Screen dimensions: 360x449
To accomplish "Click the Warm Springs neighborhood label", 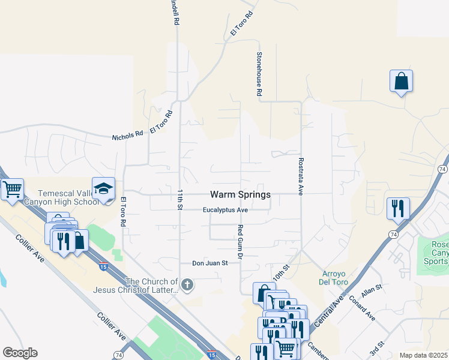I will tap(240, 194).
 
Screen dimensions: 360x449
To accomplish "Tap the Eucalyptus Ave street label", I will tap(225, 210).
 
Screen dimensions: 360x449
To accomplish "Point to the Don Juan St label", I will tap(210, 263).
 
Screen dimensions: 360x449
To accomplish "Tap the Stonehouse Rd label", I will tap(259, 74).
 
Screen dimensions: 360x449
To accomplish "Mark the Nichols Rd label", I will tap(127, 136).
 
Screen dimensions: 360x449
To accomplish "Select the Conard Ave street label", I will tap(362, 308).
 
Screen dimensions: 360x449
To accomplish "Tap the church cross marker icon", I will tap(187, 286).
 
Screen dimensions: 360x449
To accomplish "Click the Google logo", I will tap(20, 353).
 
